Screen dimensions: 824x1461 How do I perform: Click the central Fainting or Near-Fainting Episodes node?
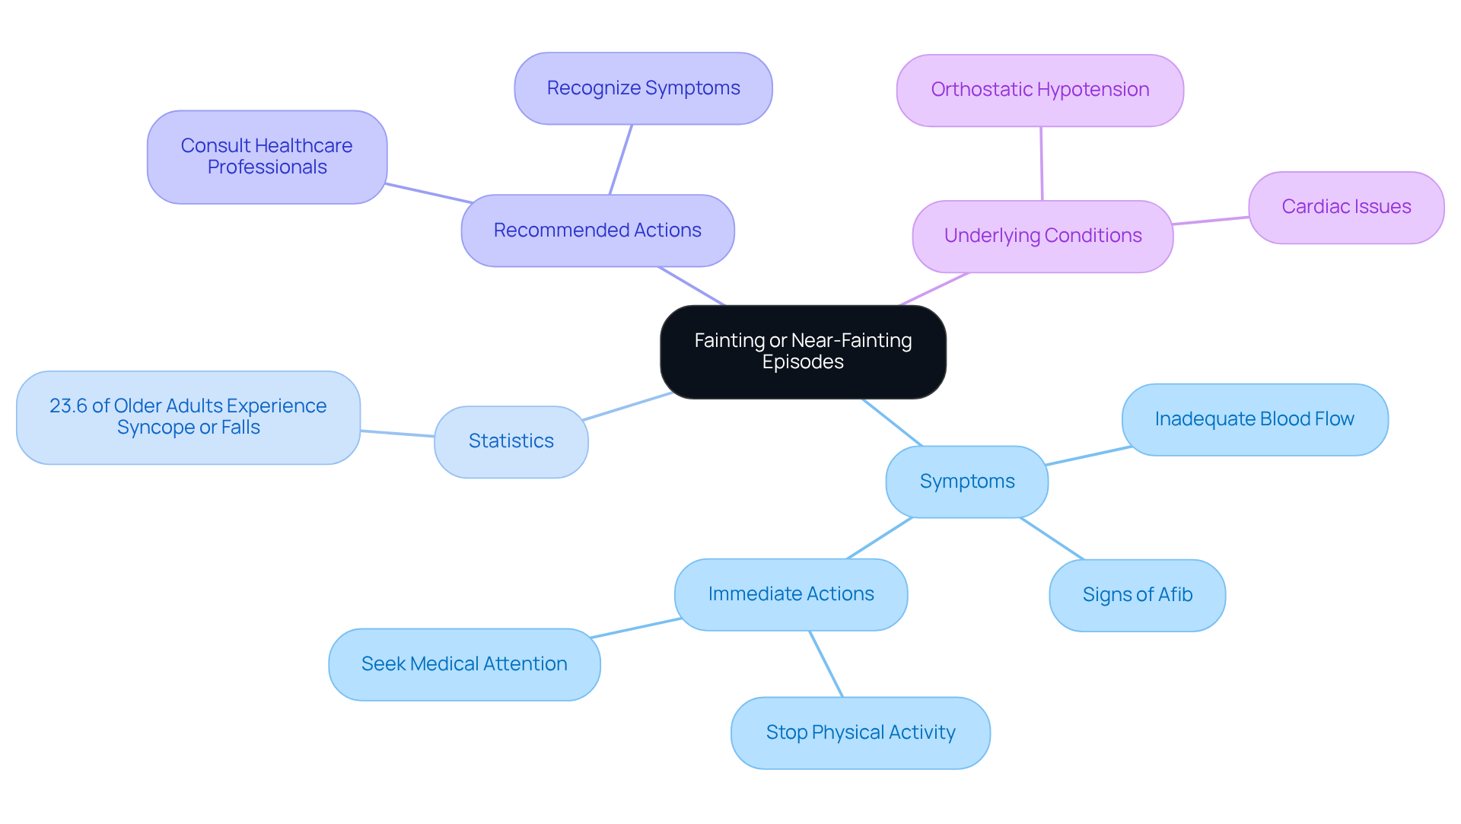click(803, 352)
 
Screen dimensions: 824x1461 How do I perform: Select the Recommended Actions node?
click(597, 231)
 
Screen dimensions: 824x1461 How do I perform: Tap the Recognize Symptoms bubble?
click(643, 88)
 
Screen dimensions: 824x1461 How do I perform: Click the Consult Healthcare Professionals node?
click(266, 157)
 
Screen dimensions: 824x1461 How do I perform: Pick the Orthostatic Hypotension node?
click(1039, 90)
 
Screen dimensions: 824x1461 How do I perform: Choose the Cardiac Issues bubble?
click(1345, 207)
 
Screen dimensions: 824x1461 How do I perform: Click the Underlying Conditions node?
click(1042, 236)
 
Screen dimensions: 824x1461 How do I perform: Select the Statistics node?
click(511, 441)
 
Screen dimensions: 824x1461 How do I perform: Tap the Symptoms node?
click(966, 482)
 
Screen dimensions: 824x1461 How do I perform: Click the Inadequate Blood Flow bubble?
click(1254, 419)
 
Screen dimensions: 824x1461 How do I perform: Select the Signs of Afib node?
click(1137, 595)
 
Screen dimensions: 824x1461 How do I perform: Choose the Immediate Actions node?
click(791, 594)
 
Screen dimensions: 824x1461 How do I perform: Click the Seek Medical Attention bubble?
click(464, 664)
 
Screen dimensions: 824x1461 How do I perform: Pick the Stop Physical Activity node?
click(860, 733)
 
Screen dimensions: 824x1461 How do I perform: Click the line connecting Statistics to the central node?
click(626, 406)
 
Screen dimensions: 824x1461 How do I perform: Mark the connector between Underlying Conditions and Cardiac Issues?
click(1210, 221)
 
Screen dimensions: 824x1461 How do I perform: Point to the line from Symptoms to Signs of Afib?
click(1052, 539)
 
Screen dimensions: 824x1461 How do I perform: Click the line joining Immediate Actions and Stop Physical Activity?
click(826, 663)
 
